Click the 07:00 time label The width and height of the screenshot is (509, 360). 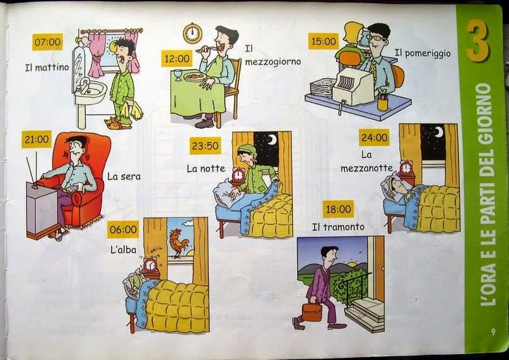[47, 42]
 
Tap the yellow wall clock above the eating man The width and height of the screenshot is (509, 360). [192, 33]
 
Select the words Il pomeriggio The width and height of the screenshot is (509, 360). [423, 53]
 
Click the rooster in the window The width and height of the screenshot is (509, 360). [178, 243]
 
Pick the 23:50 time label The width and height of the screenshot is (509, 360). [205, 146]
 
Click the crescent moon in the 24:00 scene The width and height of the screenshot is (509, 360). [438, 132]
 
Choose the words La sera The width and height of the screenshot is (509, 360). [124, 177]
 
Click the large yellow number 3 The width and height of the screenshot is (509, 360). [478, 40]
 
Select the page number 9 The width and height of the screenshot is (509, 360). [493, 332]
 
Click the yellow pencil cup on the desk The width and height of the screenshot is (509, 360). [383, 103]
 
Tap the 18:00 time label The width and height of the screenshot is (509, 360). [338, 209]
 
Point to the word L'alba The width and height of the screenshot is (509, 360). [123, 250]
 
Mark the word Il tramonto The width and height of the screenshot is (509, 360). [338, 227]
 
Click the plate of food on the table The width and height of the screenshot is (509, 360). [194, 77]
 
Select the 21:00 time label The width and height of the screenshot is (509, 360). [37, 139]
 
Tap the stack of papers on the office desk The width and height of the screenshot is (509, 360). [322, 88]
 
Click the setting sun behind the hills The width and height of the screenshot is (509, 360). [352, 264]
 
